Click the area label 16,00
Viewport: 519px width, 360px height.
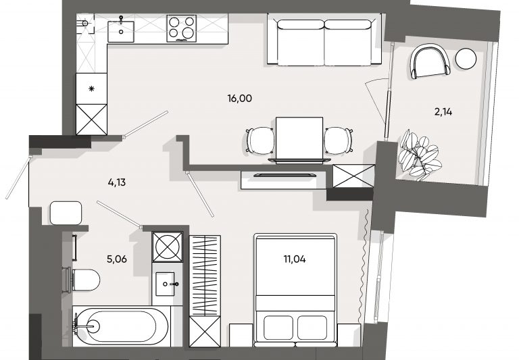[240, 99]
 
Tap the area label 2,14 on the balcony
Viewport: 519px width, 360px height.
[443, 112]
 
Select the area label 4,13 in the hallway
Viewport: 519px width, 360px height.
[117, 182]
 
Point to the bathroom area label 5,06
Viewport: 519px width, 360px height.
[117, 259]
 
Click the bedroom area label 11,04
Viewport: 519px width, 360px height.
[295, 259]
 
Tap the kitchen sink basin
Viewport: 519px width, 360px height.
[121, 32]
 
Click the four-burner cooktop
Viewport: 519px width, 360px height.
[181, 28]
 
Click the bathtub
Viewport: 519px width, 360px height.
[121, 326]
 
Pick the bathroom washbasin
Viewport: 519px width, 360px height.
[165, 284]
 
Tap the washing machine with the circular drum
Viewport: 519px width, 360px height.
[168, 247]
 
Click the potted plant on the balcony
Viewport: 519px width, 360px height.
[420, 155]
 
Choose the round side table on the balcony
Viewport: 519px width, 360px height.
[466, 59]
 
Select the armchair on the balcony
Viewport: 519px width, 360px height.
[430, 62]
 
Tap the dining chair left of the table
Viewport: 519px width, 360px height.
[260, 141]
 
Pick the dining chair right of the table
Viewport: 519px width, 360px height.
[339, 141]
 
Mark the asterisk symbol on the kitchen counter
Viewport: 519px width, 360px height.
[92, 88]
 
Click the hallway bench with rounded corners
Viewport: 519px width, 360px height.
[66, 213]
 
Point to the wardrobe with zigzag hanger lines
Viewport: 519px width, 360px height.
[205, 276]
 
